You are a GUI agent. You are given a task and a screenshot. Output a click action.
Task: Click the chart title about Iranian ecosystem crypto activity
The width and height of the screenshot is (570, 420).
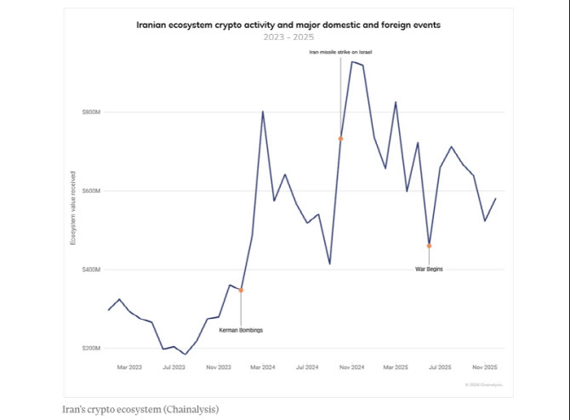[288, 26]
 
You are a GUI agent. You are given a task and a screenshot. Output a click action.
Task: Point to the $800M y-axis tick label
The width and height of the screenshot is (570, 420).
[91, 112]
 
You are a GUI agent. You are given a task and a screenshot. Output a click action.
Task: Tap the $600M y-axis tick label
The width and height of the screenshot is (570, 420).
[91, 191]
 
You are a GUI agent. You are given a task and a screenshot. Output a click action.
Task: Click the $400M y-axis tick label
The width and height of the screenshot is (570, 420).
[91, 270]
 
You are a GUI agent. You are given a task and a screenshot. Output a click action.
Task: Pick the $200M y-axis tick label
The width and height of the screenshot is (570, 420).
[91, 349]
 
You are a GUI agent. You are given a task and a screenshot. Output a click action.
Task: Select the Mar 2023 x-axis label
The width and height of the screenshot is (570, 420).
[129, 367]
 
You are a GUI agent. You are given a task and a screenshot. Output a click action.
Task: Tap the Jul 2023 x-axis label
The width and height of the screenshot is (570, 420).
[174, 367]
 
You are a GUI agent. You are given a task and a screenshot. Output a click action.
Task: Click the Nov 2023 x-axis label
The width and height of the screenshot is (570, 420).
[219, 367]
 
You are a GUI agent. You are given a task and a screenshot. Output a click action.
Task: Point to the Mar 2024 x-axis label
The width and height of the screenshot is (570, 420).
[263, 367]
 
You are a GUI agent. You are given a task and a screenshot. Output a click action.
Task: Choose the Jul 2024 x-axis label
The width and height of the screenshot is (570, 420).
[307, 367]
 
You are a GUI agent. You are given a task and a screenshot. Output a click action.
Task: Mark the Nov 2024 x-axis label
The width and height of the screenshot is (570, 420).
[351, 367]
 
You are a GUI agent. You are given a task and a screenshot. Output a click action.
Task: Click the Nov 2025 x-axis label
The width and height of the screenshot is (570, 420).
[485, 367]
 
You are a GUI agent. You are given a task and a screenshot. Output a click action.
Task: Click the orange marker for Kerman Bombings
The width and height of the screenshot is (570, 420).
[241, 290]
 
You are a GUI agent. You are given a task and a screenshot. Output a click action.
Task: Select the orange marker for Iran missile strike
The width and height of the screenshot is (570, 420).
[340, 139]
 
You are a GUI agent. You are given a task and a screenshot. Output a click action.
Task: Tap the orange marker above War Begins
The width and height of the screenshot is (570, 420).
[429, 246]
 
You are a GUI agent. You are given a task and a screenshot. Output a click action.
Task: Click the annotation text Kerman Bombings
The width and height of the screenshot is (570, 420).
[241, 330]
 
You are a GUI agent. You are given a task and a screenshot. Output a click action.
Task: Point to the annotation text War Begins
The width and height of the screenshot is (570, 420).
[429, 269]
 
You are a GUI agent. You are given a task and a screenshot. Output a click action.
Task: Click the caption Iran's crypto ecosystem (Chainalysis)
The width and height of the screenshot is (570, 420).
[141, 409]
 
